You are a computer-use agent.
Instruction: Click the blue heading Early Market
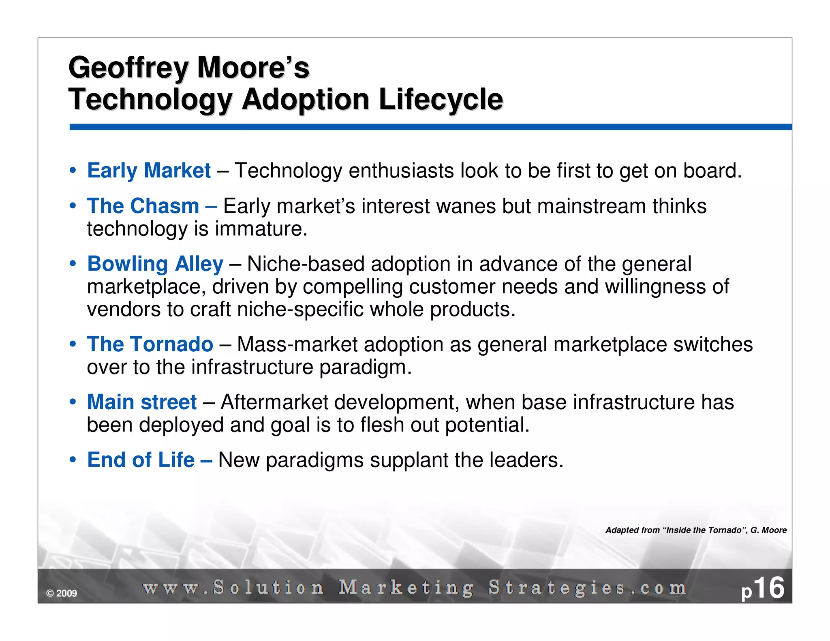tap(149, 171)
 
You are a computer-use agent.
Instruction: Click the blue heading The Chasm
tap(143, 206)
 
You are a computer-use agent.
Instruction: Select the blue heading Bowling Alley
tap(155, 264)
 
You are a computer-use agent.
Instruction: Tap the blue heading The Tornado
tap(150, 344)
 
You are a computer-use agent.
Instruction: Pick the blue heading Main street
tap(142, 402)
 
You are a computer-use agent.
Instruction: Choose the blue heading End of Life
tap(141, 460)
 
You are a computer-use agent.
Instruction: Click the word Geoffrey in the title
tap(128, 68)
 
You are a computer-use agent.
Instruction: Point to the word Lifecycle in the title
tap(441, 100)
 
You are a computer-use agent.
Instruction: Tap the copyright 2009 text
tap(62, 594)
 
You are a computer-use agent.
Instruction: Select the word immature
tap(261, 229)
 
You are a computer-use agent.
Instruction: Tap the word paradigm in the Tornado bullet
tap(365, 368)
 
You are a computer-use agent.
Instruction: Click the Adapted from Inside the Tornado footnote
tap(696, 530)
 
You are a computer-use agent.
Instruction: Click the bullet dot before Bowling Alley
tap(73, 264)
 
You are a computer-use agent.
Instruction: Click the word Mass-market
tap(297, 344)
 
